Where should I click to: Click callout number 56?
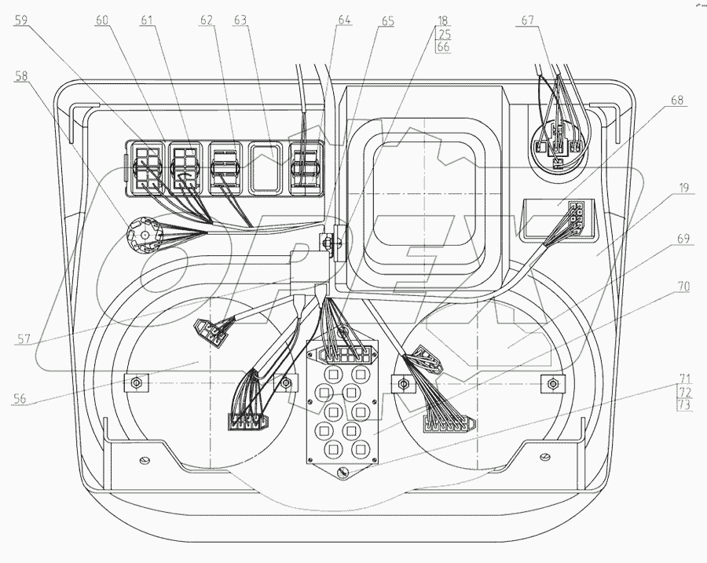click(x=20, y=399)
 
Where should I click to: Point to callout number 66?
click(x=444, y=47)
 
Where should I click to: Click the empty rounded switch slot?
click(x=267, y=166)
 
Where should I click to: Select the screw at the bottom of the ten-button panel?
click(x=341, y=473)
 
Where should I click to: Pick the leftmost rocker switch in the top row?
click(x=146, y=166)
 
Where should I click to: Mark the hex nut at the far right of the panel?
click(x=553, y=383)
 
